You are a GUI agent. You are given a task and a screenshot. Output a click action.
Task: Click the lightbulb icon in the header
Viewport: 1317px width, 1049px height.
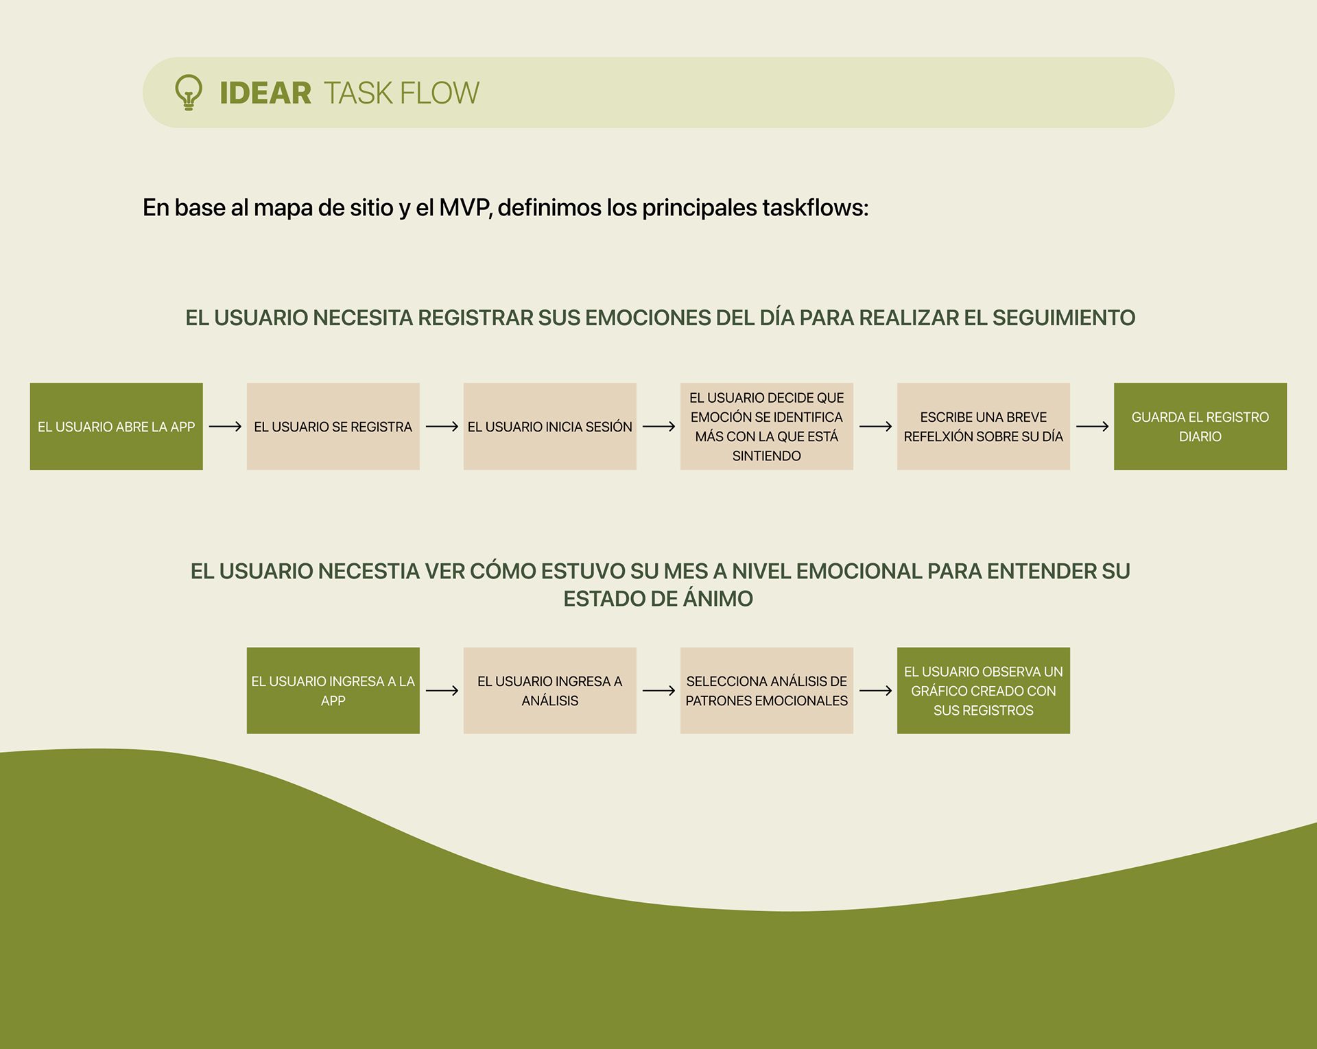(189, 93)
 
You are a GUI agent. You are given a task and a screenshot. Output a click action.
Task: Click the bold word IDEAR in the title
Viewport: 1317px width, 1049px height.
(265, 93)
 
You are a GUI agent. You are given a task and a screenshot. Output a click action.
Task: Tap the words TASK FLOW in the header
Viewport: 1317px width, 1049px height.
(401, 93)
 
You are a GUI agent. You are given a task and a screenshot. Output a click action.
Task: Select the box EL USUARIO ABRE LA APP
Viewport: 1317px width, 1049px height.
(116, 427)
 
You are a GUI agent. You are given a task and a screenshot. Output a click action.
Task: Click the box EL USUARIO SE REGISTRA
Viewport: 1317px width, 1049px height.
(333, 427)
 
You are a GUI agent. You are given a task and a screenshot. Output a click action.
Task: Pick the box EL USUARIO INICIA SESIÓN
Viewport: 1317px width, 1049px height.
(549, 427)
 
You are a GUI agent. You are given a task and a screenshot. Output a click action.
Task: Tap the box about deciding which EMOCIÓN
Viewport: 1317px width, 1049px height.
(766, 427)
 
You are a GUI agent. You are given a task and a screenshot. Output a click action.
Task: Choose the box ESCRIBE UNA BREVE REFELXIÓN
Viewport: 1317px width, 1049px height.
(983, 427)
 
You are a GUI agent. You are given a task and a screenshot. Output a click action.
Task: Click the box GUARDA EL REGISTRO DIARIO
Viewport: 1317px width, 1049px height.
(1200, 427)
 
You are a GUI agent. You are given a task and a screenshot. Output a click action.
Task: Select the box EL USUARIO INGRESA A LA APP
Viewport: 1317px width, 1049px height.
(333, 691)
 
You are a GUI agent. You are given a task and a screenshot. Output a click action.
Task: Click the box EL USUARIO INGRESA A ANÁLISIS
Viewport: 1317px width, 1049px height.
(549, 691)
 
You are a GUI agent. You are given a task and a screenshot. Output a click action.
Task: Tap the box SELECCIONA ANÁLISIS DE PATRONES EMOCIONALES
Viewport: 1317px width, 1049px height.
(766, 691)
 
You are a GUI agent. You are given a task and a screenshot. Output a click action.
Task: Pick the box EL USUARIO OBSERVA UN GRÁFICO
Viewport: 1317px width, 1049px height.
(983, 691)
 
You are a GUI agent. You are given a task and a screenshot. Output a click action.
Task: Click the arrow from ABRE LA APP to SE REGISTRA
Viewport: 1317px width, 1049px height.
(225, 427)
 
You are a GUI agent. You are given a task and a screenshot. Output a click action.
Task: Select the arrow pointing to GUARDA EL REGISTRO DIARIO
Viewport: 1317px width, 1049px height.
(1092, 427)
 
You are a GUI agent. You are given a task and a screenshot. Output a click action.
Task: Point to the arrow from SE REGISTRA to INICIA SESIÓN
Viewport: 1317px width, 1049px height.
(442, 427)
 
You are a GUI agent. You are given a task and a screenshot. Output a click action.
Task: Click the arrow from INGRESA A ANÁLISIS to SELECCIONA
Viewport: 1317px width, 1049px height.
(658, 691)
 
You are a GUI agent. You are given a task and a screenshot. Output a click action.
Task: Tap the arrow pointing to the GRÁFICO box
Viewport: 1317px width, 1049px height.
(875, 691)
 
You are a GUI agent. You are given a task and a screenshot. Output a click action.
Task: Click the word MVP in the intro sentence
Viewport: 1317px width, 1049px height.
(464, 207)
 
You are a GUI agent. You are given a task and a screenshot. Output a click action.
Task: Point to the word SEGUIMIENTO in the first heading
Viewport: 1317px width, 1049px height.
(1063, 318)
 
